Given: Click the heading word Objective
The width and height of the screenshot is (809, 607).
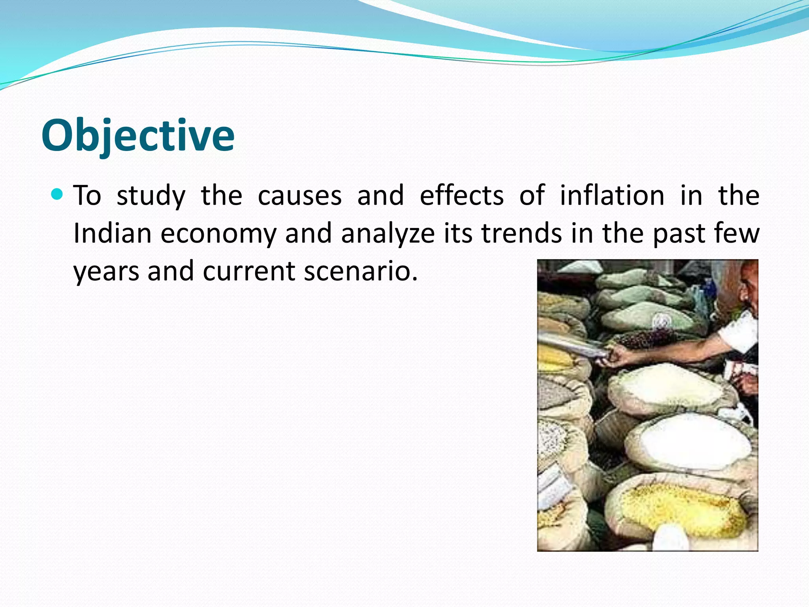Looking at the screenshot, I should (138, 136).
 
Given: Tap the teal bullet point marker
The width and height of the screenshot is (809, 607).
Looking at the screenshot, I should (57, 194).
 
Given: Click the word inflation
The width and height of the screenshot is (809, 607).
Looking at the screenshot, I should (612, 195).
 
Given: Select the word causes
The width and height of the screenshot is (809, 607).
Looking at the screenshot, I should (299, 195).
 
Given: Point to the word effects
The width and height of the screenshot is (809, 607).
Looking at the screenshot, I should (461, 195).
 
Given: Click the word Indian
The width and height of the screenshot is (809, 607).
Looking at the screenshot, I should (113, 233).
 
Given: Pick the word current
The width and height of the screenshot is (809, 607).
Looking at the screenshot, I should (249, 271).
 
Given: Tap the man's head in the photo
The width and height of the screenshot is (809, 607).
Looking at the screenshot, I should (749, 285).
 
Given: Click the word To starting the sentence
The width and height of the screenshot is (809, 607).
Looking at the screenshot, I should (87, 195).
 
